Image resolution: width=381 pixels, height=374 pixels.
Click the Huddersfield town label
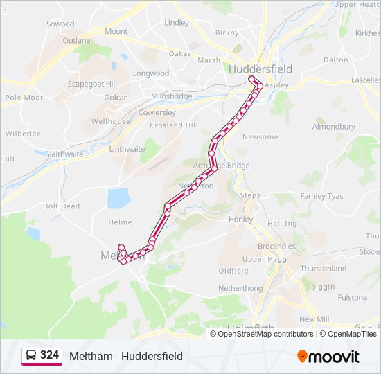260,69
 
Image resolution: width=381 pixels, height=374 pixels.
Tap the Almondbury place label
333,127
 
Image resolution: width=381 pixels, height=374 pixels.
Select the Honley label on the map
240,219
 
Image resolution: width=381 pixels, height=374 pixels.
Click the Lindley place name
177,23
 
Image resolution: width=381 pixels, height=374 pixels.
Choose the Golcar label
115,98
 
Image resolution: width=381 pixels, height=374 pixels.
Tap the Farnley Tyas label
321,196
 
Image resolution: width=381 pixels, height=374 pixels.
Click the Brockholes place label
276,246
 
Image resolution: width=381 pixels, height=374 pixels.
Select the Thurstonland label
323,268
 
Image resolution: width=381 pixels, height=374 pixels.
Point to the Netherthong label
240,287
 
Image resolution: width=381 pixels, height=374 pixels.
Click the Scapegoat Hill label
92,84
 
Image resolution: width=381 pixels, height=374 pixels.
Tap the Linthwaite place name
127,149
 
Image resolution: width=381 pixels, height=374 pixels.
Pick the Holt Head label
61,206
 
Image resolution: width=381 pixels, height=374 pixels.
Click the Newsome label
260,136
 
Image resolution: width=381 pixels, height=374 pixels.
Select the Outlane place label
76,41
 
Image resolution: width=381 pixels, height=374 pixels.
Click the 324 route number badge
42,355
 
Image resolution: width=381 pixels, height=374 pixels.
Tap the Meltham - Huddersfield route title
126,356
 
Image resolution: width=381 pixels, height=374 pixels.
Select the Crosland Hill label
174,125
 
